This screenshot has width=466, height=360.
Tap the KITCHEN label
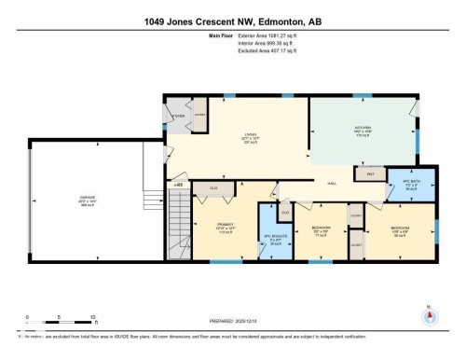[x=363, y=128]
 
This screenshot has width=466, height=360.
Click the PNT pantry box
[x=370, y=173]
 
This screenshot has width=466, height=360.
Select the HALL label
[x=331, y=184]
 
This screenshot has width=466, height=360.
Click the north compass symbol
[x=429, y=314]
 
